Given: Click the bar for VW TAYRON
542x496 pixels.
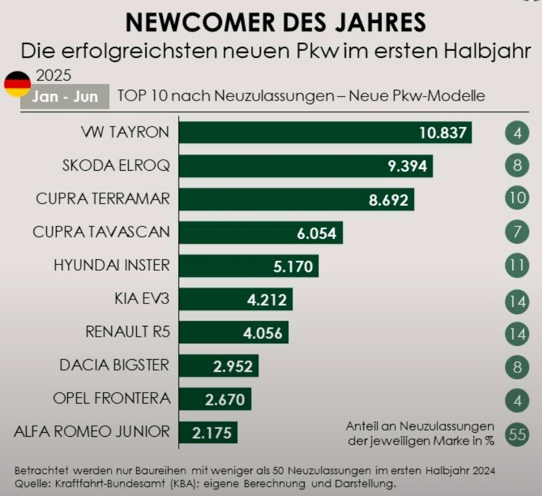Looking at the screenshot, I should [306, 133].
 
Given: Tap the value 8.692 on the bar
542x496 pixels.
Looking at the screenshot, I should [388, 200].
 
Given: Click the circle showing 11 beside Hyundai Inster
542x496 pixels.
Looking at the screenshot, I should [517, 266].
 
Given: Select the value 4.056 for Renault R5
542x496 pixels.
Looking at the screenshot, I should [262, 333].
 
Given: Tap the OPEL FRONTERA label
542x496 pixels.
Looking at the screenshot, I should [112, 398].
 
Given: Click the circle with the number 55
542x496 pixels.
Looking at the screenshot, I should [517, 434].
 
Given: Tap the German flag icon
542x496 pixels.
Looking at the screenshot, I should [17, 84].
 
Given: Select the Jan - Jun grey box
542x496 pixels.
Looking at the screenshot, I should [65, 97].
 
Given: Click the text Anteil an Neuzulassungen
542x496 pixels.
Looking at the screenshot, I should [420, 426].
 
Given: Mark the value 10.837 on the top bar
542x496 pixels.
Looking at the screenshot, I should [443, 133].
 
